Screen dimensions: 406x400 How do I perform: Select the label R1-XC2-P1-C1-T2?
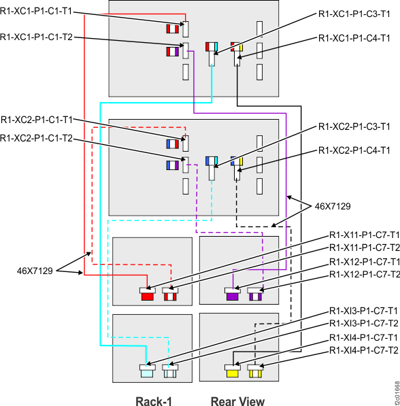[36, 138]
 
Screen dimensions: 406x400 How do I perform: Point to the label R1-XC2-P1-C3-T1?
[354, 126]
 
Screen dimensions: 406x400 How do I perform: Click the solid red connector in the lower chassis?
[147, 296]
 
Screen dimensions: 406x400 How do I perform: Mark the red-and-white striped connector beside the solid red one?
[169, 296]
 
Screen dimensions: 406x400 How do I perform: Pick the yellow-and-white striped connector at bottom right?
[255, 373]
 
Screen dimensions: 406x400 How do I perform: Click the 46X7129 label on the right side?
[333, 205]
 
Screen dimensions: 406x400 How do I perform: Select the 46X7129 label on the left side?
[34, 271]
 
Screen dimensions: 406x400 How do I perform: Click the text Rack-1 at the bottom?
[154, 401]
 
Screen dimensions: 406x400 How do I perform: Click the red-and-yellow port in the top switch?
[236, 48]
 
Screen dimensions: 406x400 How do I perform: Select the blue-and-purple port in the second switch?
[171, 165]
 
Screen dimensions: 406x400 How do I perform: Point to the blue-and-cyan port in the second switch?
[211, 161]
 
